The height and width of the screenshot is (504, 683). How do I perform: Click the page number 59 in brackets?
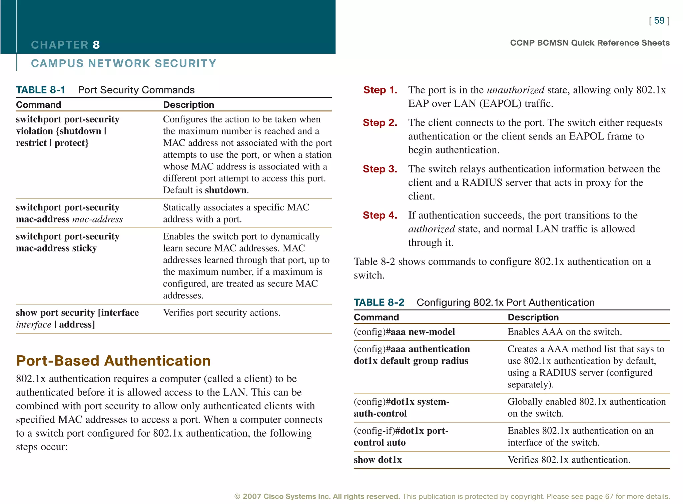click(x=659, y=21)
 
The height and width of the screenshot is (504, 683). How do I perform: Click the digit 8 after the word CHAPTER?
click(x=96, y=45)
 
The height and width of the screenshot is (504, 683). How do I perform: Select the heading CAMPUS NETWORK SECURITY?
click(x=123, y=63)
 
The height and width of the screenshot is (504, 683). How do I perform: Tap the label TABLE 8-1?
click(x=40, y=90)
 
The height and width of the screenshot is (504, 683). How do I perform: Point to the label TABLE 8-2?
click(x=379, y=303)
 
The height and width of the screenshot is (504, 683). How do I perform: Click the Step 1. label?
click(x=380, y=90)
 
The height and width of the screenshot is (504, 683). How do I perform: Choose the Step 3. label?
click(x=380, y=169)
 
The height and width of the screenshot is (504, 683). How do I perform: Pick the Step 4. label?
click(x=380, y=215)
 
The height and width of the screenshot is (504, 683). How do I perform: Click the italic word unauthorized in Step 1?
click(x=516, y=90)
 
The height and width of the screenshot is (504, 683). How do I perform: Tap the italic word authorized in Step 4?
click(x=431, y=229)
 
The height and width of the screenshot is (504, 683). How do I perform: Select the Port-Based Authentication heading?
click(x=113, y=361)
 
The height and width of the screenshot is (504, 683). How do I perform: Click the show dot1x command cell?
click(x=378, y=460)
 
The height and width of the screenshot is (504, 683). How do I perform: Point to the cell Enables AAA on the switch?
click(x=565, y=332)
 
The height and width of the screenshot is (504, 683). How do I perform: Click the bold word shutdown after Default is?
click(x=226, y=190)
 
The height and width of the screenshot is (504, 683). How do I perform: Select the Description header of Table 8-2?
click(x=533, y=317)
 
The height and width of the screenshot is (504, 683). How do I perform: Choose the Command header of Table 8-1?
click(x=38, y=105)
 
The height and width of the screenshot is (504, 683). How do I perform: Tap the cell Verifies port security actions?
click(x=221, y=313)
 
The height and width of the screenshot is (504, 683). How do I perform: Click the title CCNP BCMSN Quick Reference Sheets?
click(x=590, y=43)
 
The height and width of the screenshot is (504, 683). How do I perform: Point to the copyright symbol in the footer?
click(x=237, y=497)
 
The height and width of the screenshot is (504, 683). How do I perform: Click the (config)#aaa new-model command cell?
click(x=404, y=332)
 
